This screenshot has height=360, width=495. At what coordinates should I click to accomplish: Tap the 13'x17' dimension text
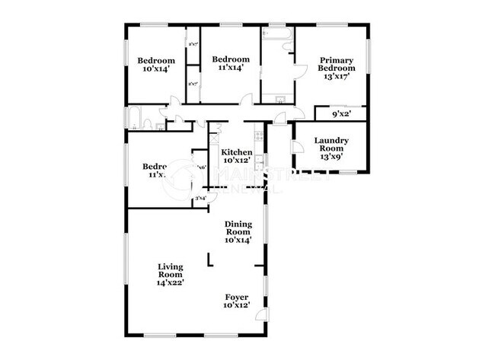tap(336, 77)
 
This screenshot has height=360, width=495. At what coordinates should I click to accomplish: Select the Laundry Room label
tap(331, 145)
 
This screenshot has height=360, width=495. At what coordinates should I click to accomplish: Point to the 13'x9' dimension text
tap(331, 158)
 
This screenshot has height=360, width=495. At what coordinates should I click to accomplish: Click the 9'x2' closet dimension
tap(340, 115)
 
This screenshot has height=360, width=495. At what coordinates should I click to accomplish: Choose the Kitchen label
tap(236, 152)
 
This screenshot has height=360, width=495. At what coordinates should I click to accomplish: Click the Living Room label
tap(171, 270)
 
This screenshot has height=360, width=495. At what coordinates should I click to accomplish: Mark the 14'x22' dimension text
tap(171, 282)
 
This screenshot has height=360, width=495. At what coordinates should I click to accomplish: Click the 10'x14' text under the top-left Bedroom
tap(156, 69)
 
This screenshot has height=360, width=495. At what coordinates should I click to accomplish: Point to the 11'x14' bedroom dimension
tap(231, 68)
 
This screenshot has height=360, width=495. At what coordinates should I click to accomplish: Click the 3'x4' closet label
tap(200, 199)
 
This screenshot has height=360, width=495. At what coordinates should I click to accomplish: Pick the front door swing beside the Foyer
tap(260, 315)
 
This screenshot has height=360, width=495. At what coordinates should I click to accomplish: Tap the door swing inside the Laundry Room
tap(298, 147)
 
